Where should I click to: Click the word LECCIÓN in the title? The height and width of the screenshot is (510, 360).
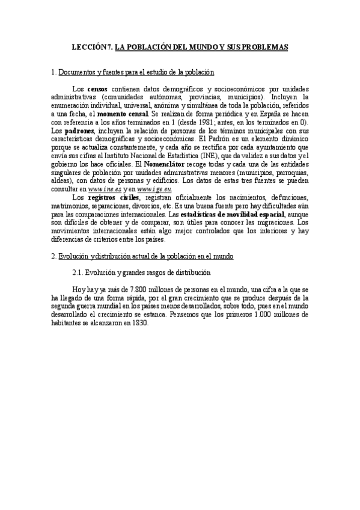click(88, 46)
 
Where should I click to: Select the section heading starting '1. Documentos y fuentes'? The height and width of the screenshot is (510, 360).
click(133, 72)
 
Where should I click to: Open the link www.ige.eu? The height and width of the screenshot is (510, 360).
click(154, 189)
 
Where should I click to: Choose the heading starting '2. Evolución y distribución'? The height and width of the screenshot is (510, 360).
click(142, 256)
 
